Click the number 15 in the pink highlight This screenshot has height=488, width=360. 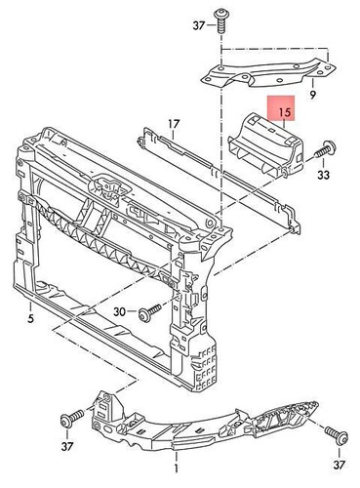[x=284, y=113]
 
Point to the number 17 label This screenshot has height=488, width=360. [x=173, y=124]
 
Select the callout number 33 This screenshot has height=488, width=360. [x=323, y=176]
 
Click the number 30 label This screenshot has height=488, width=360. [x=119, y=311]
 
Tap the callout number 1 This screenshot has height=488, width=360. [x=175, y=454]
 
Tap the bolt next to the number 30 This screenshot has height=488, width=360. [x=148, y=311]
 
